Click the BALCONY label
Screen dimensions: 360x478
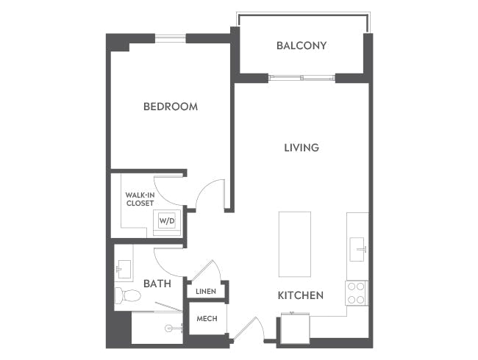[x=302, y=46]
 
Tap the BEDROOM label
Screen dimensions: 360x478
[x=170, y=107]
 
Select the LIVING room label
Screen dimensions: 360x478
[x=302, y=148]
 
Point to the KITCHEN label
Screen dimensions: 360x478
[x=300, y=295]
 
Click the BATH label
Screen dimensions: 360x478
[x=157, y=284]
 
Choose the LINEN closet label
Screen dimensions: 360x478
[x=206, y=292]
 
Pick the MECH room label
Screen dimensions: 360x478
[x=206, y=320]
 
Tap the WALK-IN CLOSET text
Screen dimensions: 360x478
[x=140, y=198]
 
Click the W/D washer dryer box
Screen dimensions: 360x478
[x=167, y=220]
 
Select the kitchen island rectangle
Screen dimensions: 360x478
[x=294, y=244]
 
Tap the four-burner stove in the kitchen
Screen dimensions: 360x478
[x=357, y=293]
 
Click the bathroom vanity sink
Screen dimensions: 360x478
[x=123, y=269]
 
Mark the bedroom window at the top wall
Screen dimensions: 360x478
[x=170, y=37]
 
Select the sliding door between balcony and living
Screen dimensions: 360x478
[x=302, y=78]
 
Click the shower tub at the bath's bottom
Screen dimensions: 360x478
[x=157, y=328]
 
